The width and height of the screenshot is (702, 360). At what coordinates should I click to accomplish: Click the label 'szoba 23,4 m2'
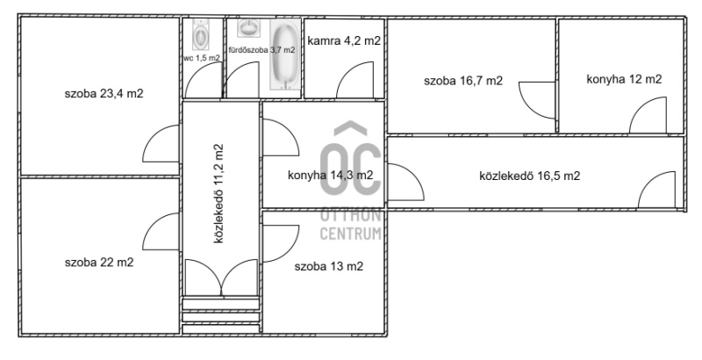[x=104, y=94]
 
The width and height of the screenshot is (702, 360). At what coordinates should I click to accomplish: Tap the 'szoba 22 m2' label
[x=99, y=263]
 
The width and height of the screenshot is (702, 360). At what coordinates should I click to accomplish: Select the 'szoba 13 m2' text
[x=328, y=266]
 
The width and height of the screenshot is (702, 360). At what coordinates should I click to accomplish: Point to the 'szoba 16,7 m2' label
[x=463, y=81]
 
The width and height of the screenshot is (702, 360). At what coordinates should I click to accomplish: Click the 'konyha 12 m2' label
[x=624, y=79]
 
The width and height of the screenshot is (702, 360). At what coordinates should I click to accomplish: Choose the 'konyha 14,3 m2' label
[x=331, y=175]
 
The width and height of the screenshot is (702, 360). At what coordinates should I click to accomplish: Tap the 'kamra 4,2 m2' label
[x=344, y=40]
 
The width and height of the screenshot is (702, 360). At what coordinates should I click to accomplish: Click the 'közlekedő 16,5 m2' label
[x=530, y=176]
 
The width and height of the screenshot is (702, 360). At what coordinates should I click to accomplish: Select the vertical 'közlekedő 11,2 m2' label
[x=218, y=193]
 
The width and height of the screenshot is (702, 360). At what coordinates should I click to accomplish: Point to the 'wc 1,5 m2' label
[x=202, y=58]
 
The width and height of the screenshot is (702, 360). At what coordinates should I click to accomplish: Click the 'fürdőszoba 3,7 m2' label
[x=261, y=50]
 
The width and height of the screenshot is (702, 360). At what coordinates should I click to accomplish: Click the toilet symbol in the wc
[x=200, y=34]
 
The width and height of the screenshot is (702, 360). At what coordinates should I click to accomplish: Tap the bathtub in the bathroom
[x=286, y=54]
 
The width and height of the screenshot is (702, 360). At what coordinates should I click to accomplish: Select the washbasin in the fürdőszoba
[x=247, y=28]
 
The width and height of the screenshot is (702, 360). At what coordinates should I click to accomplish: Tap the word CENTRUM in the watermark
[x=350, y=234]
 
